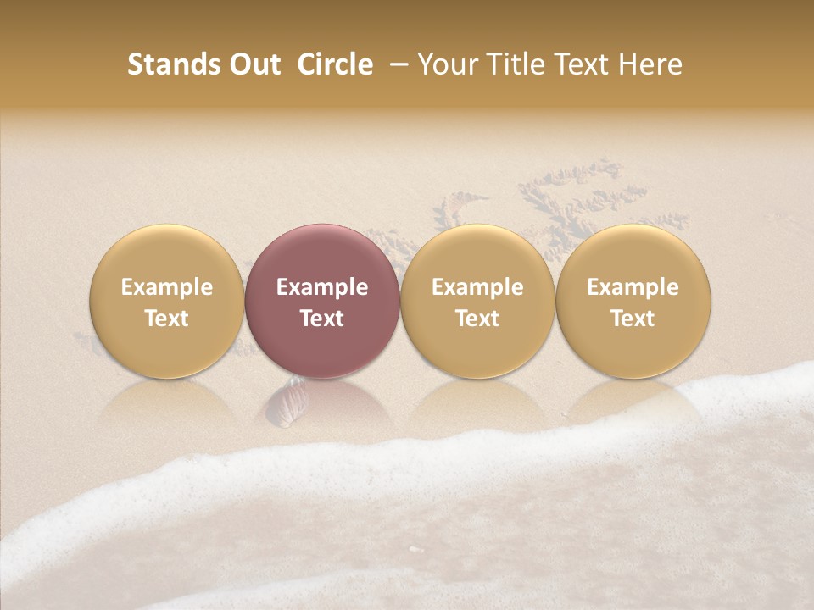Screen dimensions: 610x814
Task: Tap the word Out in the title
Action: tap(252, 64)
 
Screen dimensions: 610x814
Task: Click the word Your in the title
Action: tap(445, 64)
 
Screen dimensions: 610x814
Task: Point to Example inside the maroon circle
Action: tap(322, 287)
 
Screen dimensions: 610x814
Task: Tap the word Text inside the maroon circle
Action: tap(322, 319)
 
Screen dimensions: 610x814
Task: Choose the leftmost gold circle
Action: tap(166, 302)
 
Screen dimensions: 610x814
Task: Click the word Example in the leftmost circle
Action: tap(166, 287)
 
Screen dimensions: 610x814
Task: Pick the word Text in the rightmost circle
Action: tap(633, 319)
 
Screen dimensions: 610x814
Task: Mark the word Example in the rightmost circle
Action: tap(633, 287)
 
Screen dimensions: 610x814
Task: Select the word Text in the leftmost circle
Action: tap(166, 319)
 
